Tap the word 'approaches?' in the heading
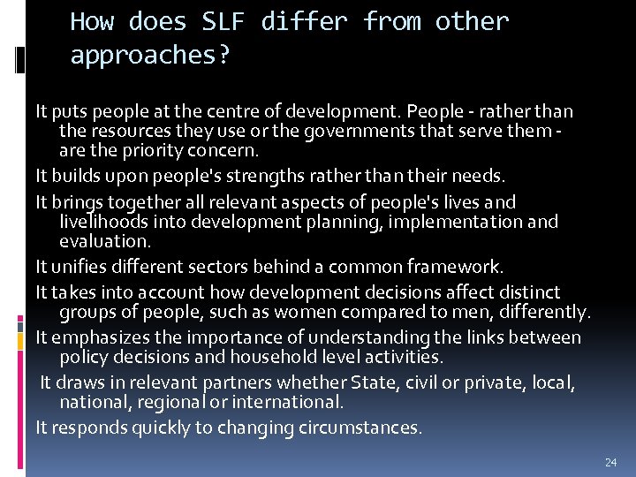click(x=150, y=56)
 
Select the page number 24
click(x=610, y=462)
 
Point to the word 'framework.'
click(x=462, y=266)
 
